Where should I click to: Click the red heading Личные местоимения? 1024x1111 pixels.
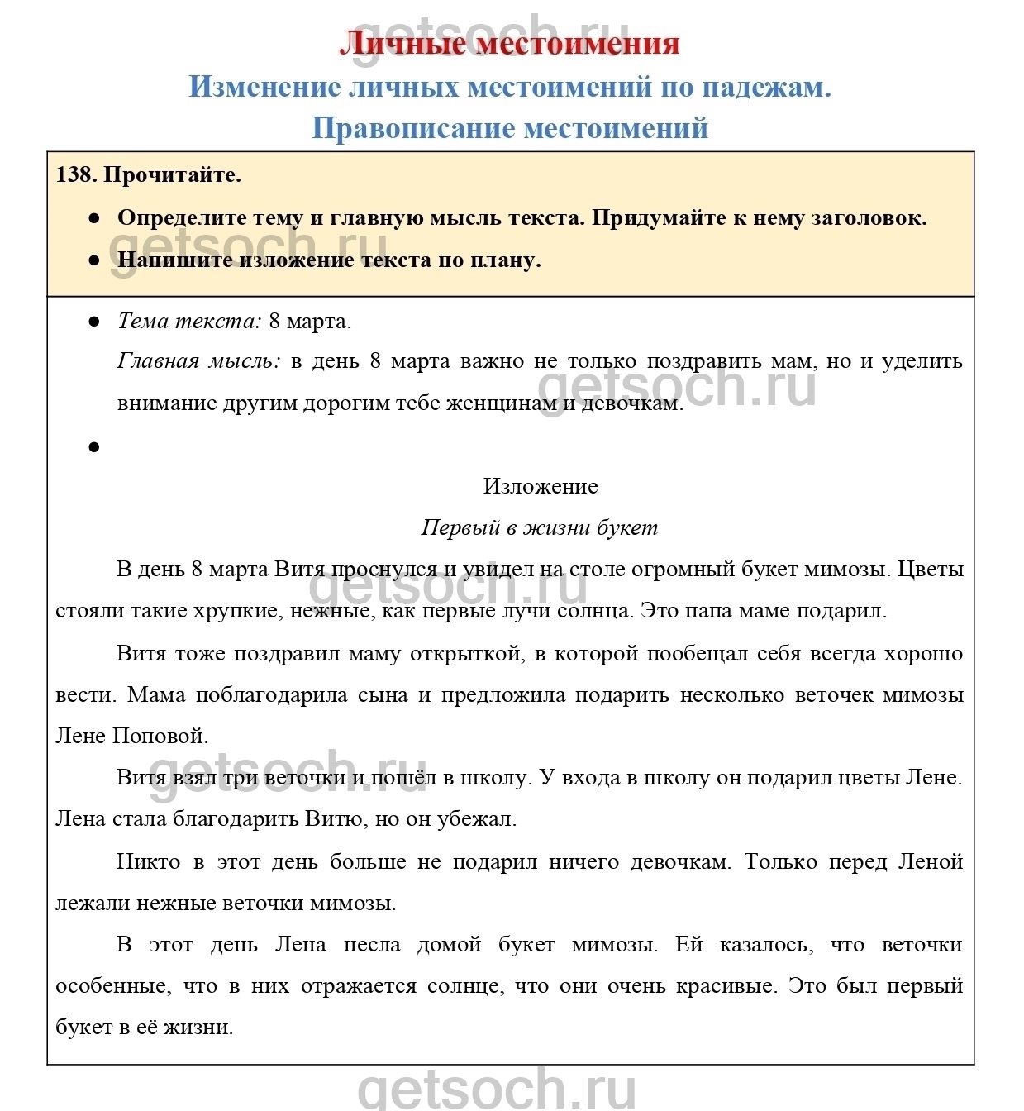click(509, 43)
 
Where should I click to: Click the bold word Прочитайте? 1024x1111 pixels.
click(173, 175)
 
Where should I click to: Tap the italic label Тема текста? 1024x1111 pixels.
click(189, 321)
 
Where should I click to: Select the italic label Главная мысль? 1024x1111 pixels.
click(198, 361)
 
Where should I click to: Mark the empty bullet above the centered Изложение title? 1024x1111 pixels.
click(94, 447)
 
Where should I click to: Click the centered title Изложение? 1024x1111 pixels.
click(541, 486)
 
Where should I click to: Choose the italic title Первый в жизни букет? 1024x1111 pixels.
click(539, 527)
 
